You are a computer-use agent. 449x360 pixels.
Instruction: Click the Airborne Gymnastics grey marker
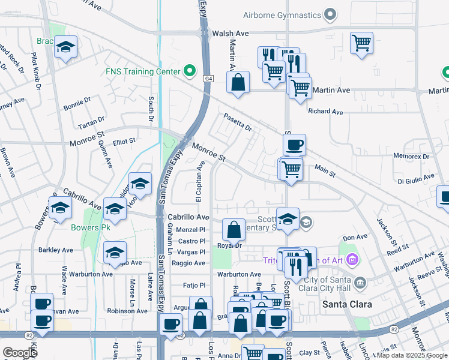click(329, 14)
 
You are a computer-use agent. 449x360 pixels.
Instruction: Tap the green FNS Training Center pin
click(190, 71)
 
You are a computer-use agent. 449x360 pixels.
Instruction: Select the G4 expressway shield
click(208, 78)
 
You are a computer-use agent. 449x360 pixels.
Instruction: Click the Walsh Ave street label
click(231, 34)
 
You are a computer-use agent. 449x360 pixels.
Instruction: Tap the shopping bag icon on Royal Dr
click(233, 230)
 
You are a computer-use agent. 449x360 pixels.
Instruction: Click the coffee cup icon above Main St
click(294, 145)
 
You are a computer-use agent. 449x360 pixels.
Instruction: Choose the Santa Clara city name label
click(347, 304)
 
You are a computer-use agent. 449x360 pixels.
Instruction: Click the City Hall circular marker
click(360, 282)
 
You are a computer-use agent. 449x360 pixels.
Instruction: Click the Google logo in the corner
click(20, 353)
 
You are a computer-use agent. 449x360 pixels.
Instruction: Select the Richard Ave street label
click(325, 112)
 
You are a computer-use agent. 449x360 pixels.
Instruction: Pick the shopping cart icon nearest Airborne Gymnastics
click(362, 43)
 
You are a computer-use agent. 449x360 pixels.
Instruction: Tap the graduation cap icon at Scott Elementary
click(288, 219)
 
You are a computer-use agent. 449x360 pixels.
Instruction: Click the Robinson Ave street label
click(127, 311)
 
